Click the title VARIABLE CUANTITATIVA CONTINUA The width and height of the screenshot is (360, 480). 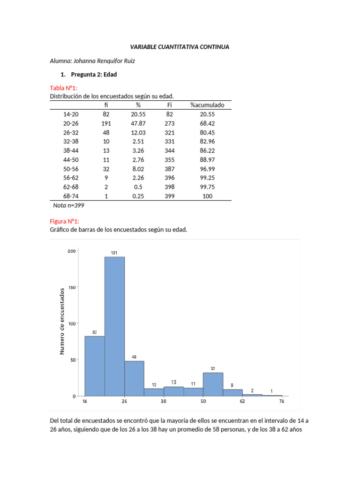pyautogui.click(x=180, y=47)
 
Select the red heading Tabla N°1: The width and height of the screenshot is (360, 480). pyautogui.click(x=63, y=88)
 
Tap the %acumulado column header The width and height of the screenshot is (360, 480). pyautogui.click(x=207, y=105)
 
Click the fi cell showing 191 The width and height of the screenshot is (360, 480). pyautogui.click(x=106, y=123)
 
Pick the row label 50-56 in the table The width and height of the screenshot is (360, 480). pyautogui.click(x=71, y=169)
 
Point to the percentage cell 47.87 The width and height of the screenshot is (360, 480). pyautogui.click(x=138, y=123)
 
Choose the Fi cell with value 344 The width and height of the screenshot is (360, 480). pyautogui.click(x=170, y=150)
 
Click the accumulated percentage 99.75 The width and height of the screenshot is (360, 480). pyautogui.click(x=207, y=187)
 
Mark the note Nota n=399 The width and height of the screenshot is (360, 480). pyautogui.click(x=68, y=205)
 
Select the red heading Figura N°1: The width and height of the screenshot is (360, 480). pyautogui.click(x=65, y=221)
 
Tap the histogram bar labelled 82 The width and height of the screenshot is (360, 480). pyautogui.click(x=95, y=366)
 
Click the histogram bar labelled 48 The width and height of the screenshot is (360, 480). pyautogui.click(x=134, y=378)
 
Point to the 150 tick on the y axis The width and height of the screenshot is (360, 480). pyautogui.click(x=71, y=287)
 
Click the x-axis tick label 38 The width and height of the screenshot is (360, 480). pyautogui.click(x=164, y=402)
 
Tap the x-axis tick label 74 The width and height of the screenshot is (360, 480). pyautogui.click(x=282, y=402)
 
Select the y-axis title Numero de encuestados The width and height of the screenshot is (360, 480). pyautogui.click(x=62, y=321)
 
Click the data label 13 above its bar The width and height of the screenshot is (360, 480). pyautogui.click(x=173, y=382)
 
